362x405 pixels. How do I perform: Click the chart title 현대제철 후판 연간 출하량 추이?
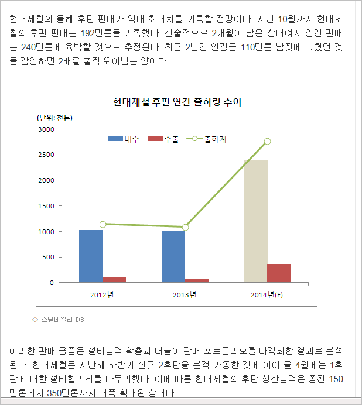pos(177,102)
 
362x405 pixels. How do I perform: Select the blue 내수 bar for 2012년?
pos(91,256)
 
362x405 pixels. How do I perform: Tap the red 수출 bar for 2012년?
pos(114,280)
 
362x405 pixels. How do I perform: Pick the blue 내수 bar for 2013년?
pos(173,257)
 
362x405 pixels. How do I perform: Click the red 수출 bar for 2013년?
pos(197,280)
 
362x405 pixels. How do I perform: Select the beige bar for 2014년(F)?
pos(255,221)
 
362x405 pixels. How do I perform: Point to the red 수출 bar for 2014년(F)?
pos(279,273)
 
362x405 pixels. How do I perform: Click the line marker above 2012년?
pos(103,224)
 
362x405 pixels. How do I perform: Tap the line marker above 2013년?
pos(185,227)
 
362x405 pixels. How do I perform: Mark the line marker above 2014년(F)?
pos(267,141)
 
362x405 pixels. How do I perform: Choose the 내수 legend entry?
pos(124,139)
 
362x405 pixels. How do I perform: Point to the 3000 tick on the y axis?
pos(46,129)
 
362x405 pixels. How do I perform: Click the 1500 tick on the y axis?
pos(46,206)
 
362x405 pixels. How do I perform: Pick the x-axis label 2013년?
pos(185,294)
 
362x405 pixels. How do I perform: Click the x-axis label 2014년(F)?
pos(267,294)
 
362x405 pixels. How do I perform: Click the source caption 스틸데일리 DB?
pos(63,320)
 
